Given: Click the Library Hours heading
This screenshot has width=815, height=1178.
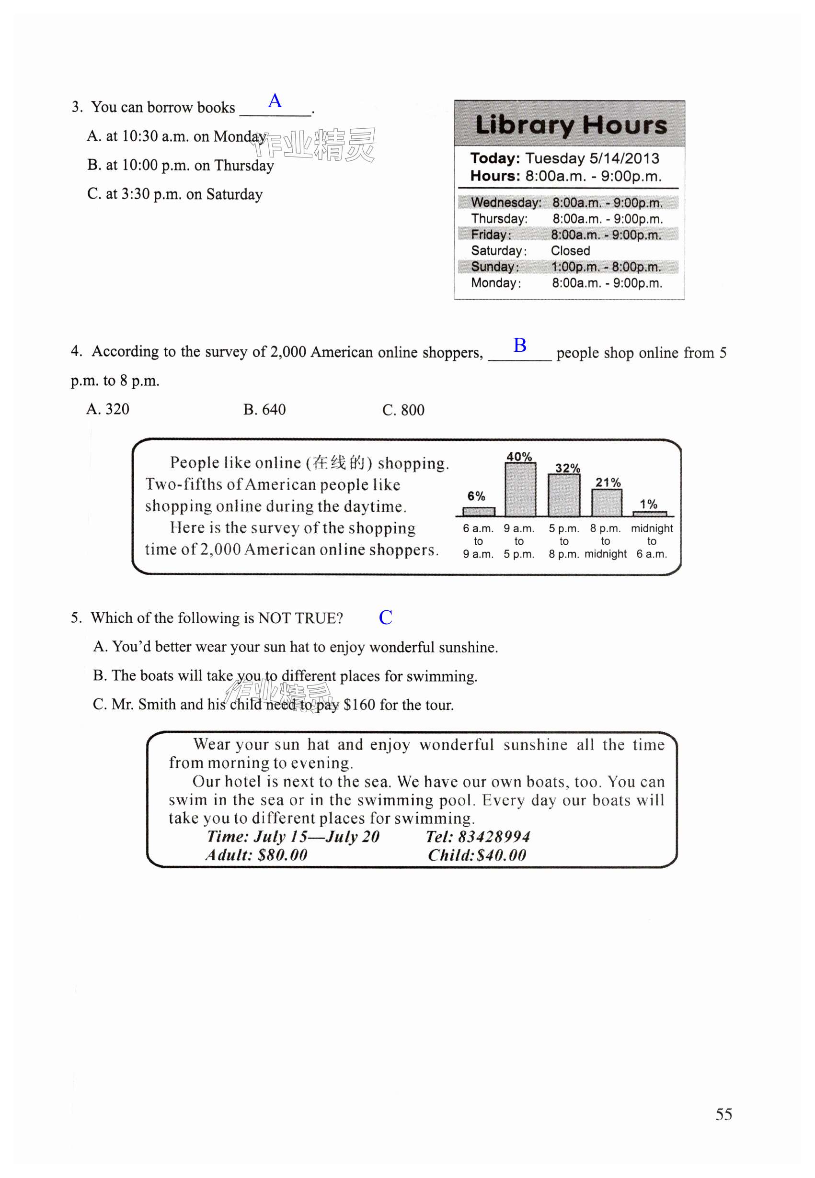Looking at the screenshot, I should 571,125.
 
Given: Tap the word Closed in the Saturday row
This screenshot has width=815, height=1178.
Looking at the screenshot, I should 570,250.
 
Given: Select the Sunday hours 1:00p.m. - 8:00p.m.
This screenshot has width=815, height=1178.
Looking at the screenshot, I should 606,266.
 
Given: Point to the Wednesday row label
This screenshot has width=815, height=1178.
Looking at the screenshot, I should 505,202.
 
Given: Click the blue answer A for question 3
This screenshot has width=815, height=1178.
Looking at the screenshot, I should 275,101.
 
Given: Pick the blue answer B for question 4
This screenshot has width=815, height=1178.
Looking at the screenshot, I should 520,346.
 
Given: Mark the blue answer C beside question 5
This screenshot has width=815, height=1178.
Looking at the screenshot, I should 386,617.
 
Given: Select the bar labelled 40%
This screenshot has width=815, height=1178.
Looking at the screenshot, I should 520,489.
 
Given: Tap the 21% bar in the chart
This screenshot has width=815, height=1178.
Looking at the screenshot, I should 607,503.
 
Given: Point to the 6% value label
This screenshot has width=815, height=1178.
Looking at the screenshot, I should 476,496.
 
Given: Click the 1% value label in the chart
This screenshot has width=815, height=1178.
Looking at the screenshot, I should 649,504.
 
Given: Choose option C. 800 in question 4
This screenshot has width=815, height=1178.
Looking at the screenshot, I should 403,410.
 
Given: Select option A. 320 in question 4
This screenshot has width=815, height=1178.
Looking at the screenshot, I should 108,409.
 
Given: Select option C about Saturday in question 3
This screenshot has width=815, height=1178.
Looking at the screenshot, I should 174,194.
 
